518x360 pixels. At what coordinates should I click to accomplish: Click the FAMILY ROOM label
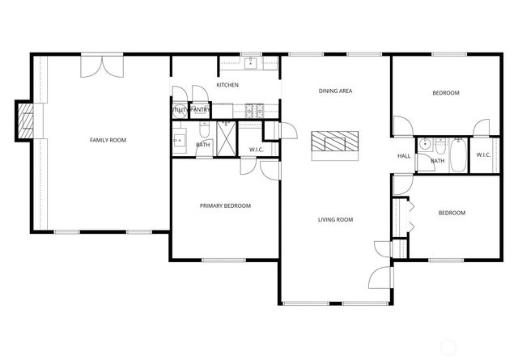click(x=108, y=140)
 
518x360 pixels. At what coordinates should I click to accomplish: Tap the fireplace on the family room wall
click(x=27, y=121)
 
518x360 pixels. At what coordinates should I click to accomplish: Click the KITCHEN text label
click(x=227, y=85)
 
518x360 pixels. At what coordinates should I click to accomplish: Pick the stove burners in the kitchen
click(x=253, y=109)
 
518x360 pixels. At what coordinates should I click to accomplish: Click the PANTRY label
click(x=201, y=109)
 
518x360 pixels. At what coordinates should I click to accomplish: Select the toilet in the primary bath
click(x=203, y=130)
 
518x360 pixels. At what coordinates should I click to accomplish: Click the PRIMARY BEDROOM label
click(x=225, y=205)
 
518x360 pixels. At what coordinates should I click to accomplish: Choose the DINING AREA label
click(x=334, y=91)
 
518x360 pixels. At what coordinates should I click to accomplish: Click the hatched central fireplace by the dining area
click(x=333, y=143)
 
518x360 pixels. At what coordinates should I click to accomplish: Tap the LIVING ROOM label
click(x=334, y=219)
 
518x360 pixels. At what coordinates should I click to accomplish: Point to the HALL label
click(x=403, y=156)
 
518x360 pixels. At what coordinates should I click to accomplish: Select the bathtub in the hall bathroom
click(x=457, y=155)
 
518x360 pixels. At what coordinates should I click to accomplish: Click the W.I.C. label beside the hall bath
click(x=483, y=155)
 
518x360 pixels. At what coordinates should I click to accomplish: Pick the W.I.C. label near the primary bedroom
click(x=257, y=149)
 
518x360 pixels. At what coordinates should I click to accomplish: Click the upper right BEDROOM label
click(x=445, y=93)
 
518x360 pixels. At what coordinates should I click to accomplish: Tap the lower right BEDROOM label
click(x=452, y=213)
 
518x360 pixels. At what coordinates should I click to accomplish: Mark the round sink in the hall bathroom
click(x=439, y=146)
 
